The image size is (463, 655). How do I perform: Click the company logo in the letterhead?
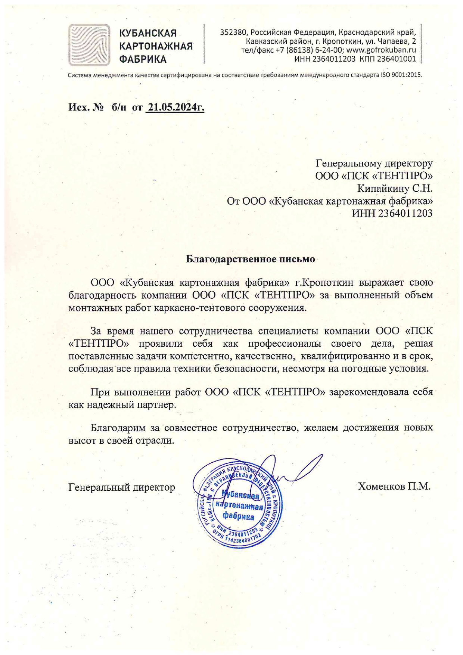(89, 45)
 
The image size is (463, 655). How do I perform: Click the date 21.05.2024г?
(175, 108)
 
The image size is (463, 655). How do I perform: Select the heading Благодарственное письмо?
(250, 259)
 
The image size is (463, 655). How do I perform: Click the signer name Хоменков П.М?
(394, 486)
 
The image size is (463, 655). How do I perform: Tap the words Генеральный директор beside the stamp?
(122, 487)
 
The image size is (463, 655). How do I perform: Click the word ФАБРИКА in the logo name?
(143, 59)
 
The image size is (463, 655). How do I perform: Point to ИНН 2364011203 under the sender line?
(392, 213)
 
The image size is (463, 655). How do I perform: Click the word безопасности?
(246, 369)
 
